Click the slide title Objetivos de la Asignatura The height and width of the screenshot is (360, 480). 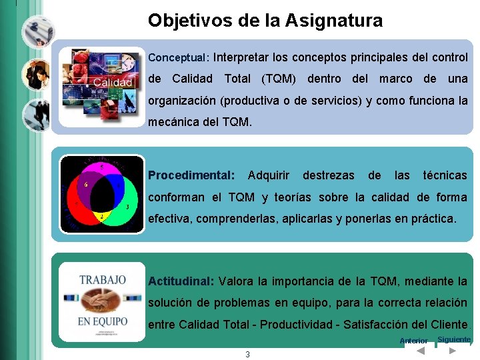pos(265,21)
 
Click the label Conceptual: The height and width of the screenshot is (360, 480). pos(179,58)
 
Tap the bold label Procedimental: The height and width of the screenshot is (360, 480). pos(191,175)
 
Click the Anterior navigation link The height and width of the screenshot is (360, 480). pos(413,341)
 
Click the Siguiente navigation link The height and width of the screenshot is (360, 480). pos(453,339)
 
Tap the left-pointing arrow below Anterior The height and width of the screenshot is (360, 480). pos(420,351)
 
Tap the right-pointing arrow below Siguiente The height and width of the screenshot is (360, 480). pos(453,350)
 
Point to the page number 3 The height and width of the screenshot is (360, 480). pos(247,355)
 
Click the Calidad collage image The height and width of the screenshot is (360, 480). pos(101,87)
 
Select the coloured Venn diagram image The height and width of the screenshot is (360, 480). pos(101,194)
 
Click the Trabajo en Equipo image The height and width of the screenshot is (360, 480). pos(102,303)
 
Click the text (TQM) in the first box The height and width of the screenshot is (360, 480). pos(279,79)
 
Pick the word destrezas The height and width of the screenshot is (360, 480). pos(329,175)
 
